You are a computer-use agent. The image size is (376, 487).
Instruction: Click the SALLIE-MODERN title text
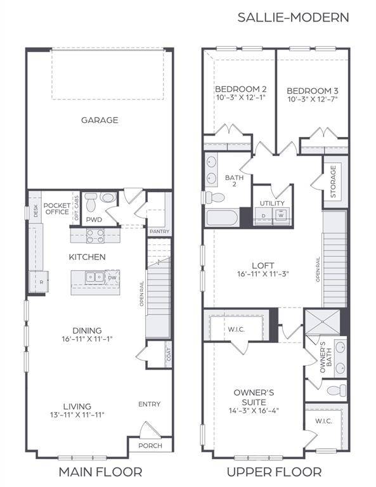click(x=293, y=17)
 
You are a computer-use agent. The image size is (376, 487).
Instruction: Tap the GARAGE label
click(x=100, y=120)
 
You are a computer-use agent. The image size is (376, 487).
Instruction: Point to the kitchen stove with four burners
click(x=95, y=235)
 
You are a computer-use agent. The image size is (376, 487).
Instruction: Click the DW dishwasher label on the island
click(x=112, y=277)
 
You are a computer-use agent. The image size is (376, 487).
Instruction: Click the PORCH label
click(x=150, y=446)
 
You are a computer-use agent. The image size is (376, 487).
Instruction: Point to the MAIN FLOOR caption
click(x=100, y=472)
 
